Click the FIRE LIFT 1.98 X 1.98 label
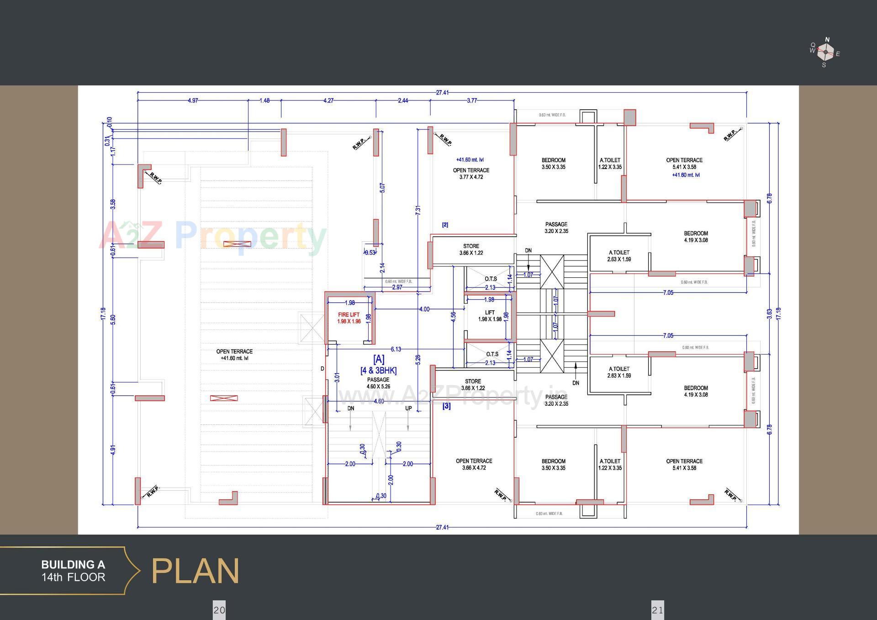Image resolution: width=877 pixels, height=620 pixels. coord(349,318)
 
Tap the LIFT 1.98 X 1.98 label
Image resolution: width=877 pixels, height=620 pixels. coord(490,316)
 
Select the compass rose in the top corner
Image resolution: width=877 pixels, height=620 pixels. coord(825,52)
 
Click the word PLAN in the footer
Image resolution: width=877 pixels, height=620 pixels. coord(195,571)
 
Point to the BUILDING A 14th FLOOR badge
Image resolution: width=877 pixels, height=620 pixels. coord(73,571)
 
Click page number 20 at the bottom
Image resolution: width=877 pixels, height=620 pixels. coord(219,610)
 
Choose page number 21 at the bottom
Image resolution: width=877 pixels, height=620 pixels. coord(657,610)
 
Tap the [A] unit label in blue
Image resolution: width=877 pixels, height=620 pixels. coord(379,359)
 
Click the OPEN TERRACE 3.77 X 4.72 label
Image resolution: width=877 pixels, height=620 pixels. coord(471,173)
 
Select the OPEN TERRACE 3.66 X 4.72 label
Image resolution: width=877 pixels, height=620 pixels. coord(474,464)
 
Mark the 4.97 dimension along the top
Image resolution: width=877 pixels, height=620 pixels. coord(193,101)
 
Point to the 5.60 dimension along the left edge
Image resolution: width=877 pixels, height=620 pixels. coord(113,319)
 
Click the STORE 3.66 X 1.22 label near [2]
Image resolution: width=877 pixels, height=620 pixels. coord(471,249)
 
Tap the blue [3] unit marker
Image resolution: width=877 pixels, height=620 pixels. coord(446,406)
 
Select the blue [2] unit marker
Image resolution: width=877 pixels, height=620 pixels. coord(445,225)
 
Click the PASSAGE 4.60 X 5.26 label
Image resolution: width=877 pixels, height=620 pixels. coord(378,383)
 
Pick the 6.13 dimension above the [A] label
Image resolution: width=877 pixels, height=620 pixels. coord(396,350)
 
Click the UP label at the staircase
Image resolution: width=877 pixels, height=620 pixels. coord(408,408)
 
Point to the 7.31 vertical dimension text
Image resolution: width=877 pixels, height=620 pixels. coord(418,210)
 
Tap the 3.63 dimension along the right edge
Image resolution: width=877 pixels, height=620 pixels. coord(770,313)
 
